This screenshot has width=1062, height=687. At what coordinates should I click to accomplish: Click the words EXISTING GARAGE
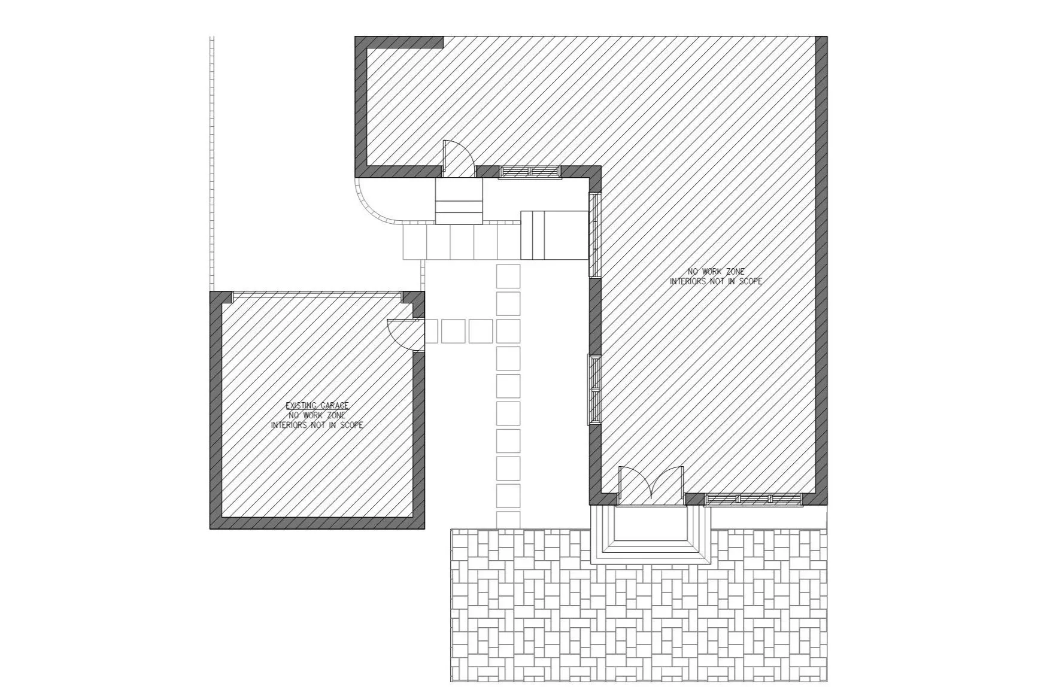click(x=317, y=406)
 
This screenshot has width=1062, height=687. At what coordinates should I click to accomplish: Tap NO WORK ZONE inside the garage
click(x=317, y=415)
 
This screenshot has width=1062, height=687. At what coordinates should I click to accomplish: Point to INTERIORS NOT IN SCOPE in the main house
click(x=715, y=281)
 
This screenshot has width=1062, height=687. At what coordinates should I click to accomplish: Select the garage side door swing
click(x=405, y=334)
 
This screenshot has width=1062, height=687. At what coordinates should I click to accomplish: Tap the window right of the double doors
click(x=754, y=499)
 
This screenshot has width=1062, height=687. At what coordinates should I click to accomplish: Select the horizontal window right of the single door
click(x=530, y=172)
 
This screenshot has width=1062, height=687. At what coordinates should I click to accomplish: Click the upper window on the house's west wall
click(x=594, y=235)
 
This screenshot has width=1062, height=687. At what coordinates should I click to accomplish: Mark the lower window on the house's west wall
click(x=594, y=390)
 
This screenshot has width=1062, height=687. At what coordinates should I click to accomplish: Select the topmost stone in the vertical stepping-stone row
click(x=508, y=276)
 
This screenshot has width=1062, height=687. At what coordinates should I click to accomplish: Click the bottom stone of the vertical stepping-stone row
click(x=508, y=520)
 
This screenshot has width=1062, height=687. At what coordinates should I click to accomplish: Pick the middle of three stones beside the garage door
click(x=453, y=331)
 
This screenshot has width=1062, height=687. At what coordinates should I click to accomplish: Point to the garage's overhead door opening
click(x=317, y=294)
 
